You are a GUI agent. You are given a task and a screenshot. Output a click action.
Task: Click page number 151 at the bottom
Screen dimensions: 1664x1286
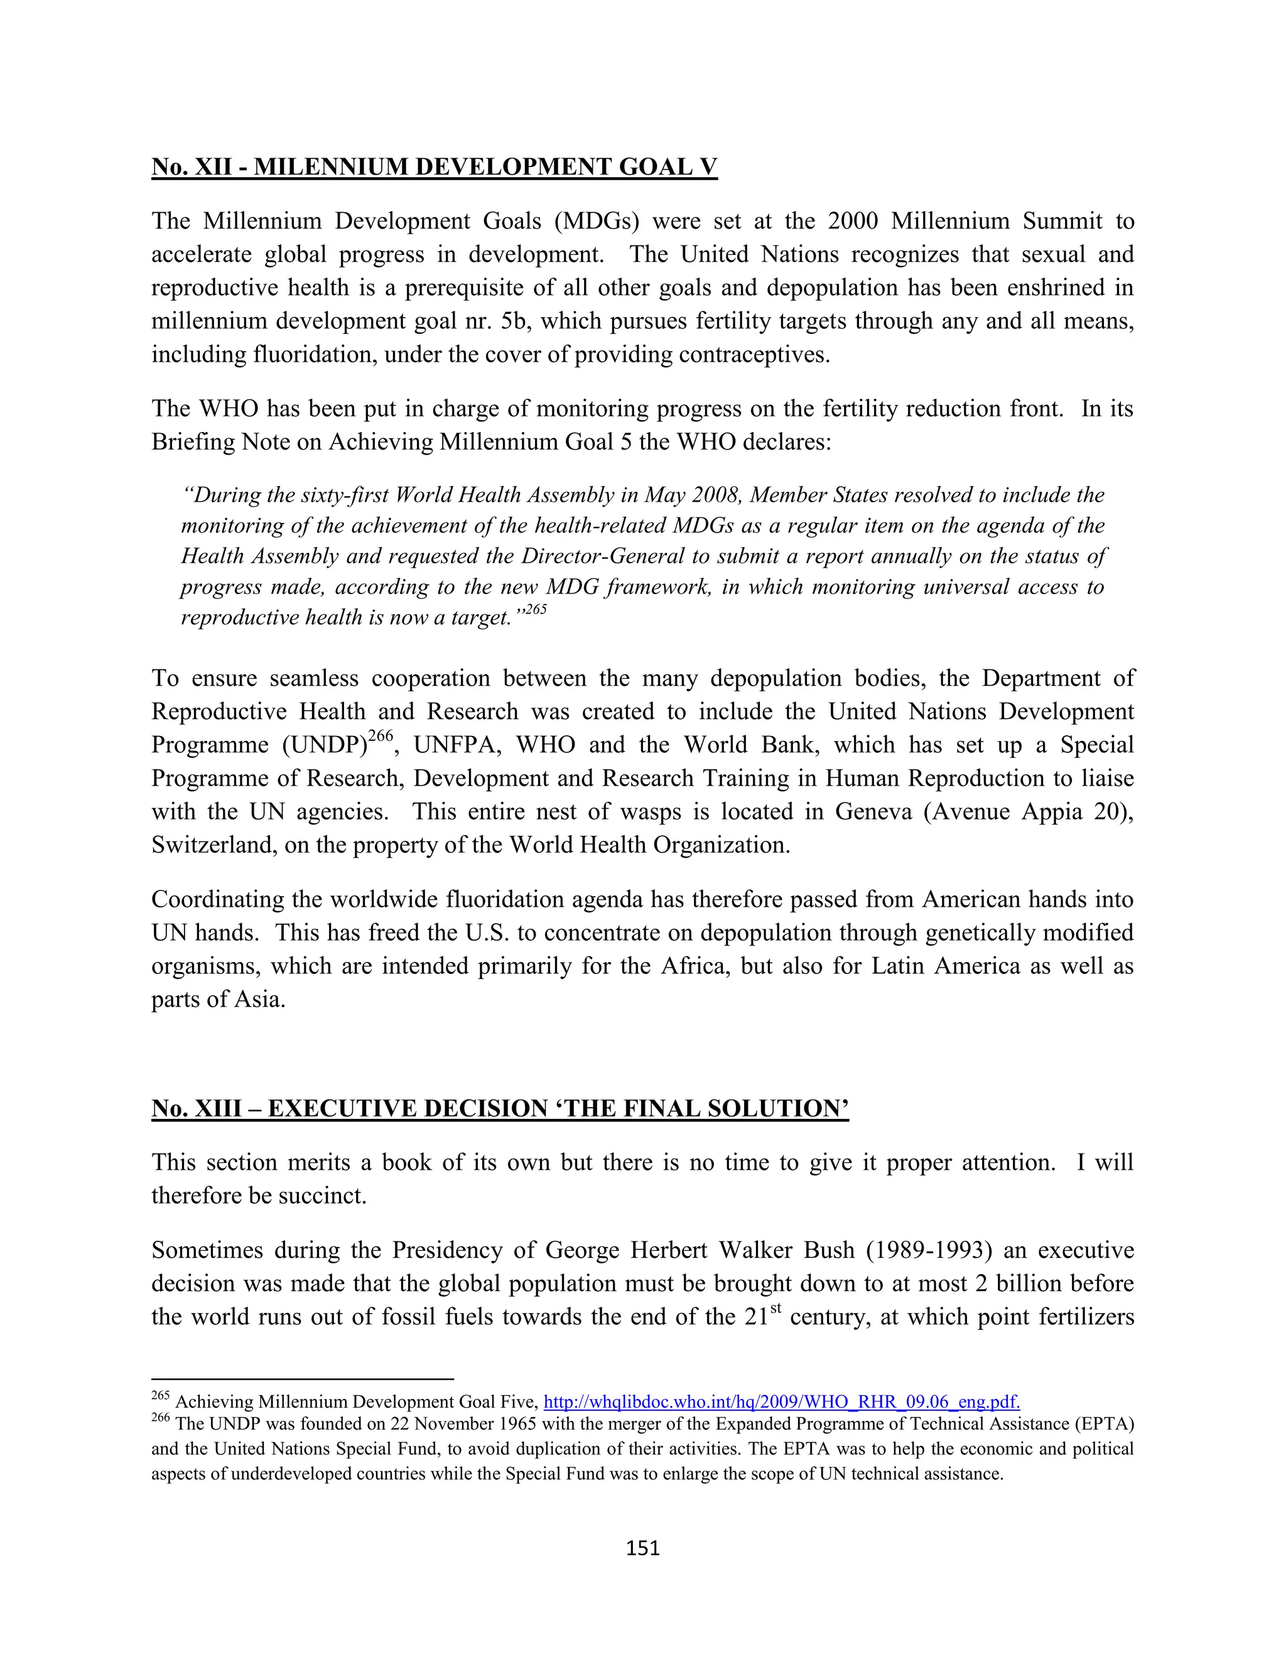[642, 1547]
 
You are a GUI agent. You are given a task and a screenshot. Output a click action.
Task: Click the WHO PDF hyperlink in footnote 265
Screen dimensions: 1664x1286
[781, 1401]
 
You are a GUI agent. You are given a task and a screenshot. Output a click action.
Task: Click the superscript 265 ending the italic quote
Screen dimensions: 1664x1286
[536, 610]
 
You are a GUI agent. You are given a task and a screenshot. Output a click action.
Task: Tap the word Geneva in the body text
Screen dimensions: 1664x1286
[873, 811]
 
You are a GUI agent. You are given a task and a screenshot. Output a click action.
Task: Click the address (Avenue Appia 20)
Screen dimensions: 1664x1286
[1028, 811]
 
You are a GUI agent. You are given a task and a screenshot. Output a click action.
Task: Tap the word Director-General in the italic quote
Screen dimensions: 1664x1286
[603, 556]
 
